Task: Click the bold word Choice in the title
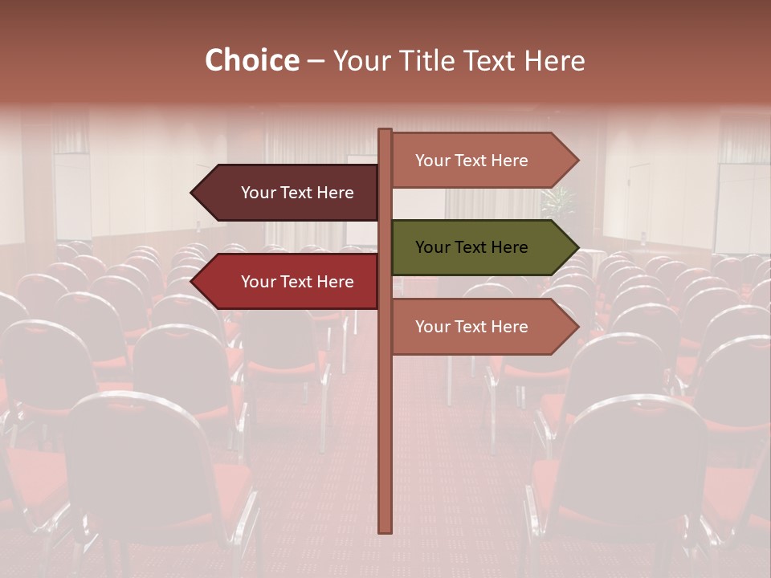[x=251, y=61]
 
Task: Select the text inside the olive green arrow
[x=471, y=247]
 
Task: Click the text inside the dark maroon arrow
[x=297, y=193]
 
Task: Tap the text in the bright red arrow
[x=297, y=282]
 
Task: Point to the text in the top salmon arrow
[x=471, y=161]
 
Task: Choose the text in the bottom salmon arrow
[x=471, y=327]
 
